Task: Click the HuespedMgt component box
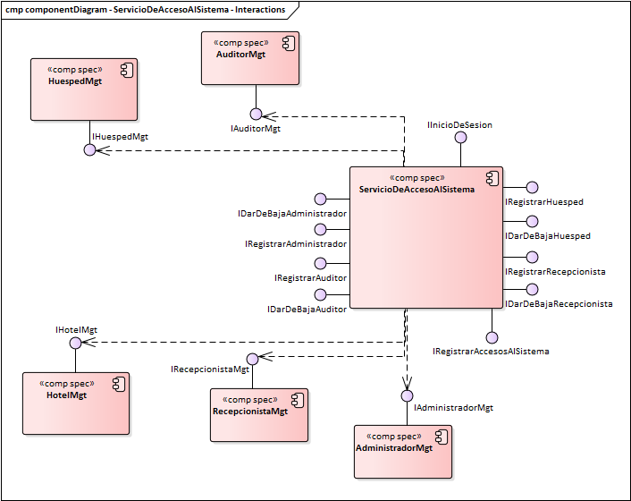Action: point(84,89)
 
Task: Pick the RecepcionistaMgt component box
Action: point(259,414)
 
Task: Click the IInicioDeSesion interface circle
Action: point(461,137)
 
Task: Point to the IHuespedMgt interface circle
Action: point(89,149)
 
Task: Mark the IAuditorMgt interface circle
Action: point(256,115)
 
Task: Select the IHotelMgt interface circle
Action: point(76,342)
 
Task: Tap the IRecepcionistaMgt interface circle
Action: point(253,358)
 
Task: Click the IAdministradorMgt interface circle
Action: point(407,395)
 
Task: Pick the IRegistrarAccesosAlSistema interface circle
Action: point(491,337)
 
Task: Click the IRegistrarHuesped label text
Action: point(544,202)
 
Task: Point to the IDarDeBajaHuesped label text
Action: point(547,236)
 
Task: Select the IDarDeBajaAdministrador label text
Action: point(292,214)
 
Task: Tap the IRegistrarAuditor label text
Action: point(310,278)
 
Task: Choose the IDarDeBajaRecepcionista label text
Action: point(559,304)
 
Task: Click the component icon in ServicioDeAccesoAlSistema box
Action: point(491,176)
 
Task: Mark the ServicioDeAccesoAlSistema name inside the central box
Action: point(416,190)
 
